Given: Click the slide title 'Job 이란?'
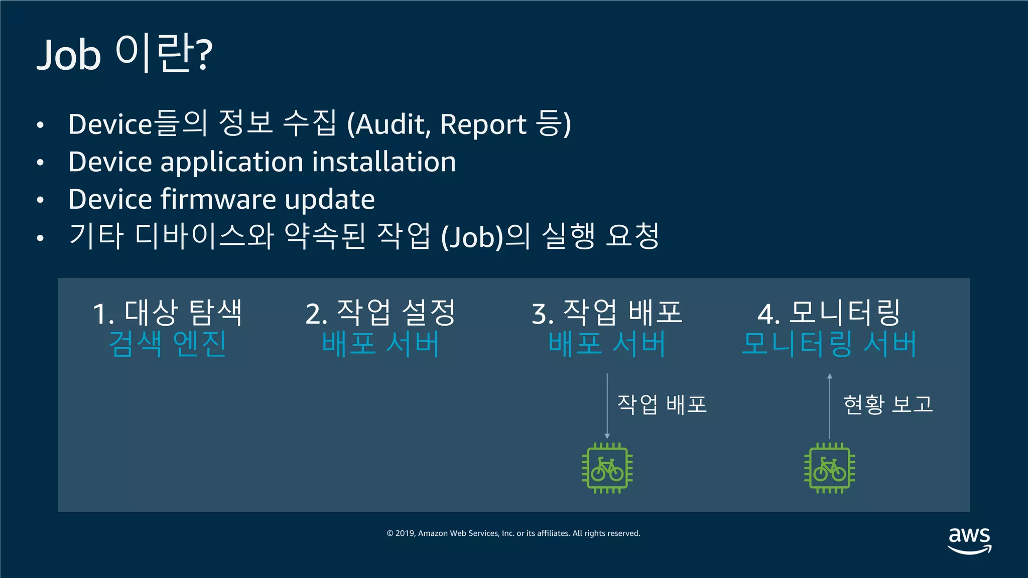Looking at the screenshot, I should point(124,54).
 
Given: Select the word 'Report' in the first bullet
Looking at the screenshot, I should point(483,124).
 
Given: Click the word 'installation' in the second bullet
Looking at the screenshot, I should point(384,162).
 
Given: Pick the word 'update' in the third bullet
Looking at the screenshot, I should point(330,200).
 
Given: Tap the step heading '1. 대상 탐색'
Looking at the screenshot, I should point(168,313).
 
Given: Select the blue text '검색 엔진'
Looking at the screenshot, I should point(168,344).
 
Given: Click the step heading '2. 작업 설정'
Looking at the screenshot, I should point(380,313).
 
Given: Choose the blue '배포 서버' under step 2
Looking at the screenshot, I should point(380,344).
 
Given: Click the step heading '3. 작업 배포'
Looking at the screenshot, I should point(607,313).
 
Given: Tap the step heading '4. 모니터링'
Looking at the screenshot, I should point(829,313).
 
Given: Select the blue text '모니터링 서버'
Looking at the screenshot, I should point(829,344).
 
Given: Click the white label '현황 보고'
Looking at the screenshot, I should point(888,404).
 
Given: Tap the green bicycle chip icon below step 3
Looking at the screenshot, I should point(607,468).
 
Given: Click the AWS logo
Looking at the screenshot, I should point(969,540).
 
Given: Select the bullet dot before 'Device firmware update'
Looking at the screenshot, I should point(41,200).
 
